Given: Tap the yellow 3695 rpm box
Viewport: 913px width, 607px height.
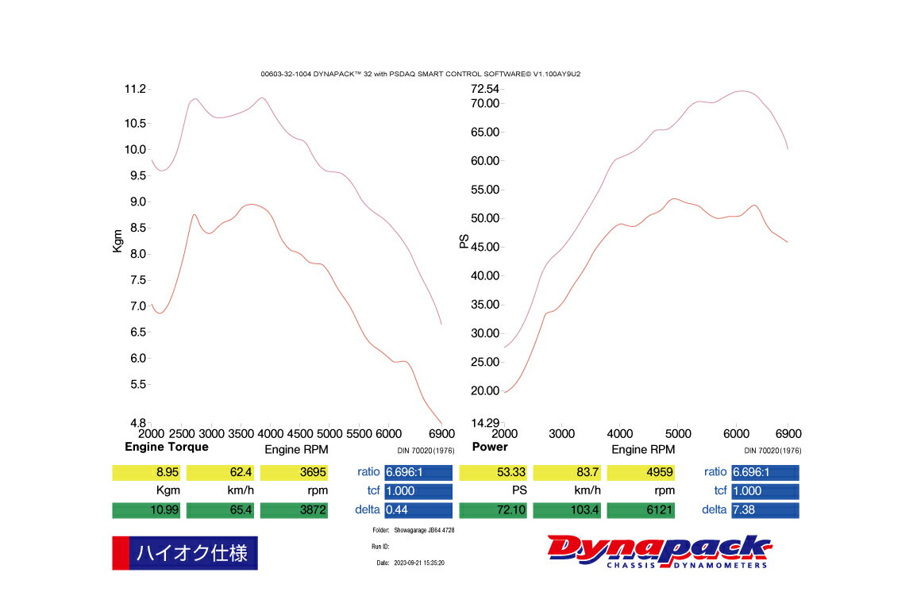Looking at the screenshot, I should click(294, 473).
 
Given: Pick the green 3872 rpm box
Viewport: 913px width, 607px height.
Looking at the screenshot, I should click(294, 510).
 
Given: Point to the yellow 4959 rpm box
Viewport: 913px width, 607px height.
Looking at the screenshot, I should click(641, 473).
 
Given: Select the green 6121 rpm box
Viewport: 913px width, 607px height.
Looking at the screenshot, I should click(641, 510).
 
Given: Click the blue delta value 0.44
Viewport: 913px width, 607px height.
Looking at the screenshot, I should click(418, 510).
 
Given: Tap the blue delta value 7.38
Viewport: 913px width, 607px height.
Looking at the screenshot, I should click(765, 510).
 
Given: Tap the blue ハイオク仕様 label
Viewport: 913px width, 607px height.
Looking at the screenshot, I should click(192, 552).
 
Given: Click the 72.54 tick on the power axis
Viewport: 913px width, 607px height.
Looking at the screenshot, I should click(484, 88).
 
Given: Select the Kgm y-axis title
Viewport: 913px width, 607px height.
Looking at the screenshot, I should click(117, 240).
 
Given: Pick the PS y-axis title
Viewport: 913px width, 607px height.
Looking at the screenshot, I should click(464, 240).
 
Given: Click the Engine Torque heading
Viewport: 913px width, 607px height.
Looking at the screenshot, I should click(167, 447).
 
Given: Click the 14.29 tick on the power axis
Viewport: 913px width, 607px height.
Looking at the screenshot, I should click(484, 423).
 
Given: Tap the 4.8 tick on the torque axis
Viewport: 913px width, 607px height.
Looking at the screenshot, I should click(137, 423).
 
